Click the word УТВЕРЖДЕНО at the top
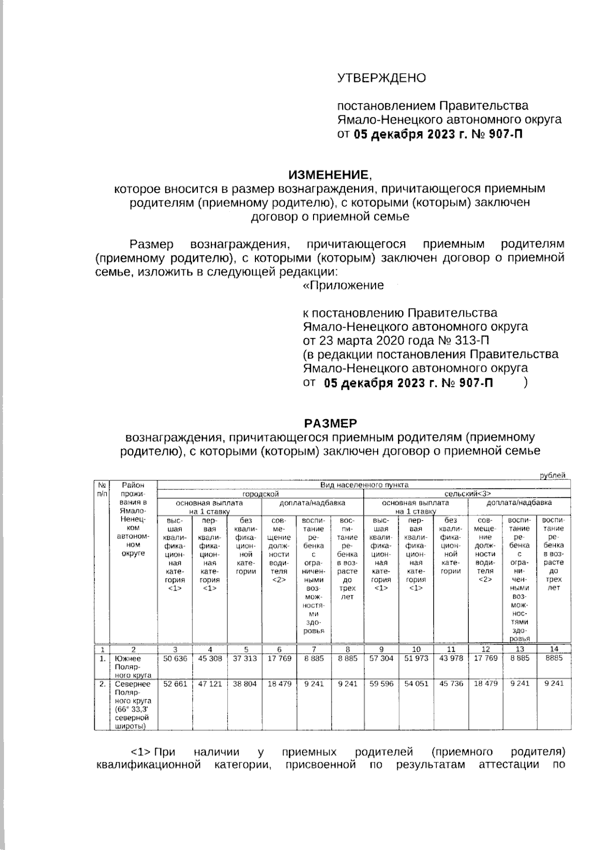pos(381,78)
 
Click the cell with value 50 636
pos(175,659)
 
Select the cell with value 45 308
pos(210,659)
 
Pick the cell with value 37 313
pos(244,659)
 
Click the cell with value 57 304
pos(381,659)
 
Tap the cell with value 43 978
pos(451,659)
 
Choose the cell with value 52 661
pos(175,683)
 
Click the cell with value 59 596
pos(381,683)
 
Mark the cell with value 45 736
pos(451,683)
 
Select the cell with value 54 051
pos(416,683)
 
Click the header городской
pos(260,494)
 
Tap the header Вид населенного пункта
pos(364,485)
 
